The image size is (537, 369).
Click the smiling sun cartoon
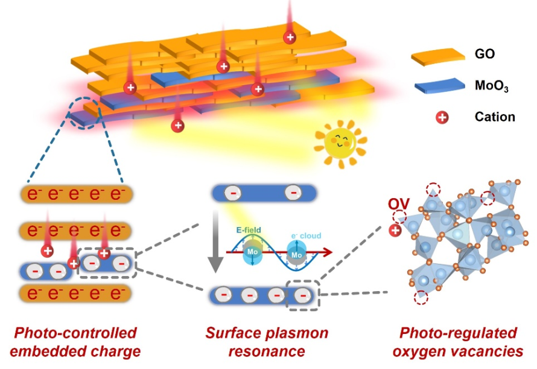pyautogui.click(x=340, y=144)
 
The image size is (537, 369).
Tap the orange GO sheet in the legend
pyautogui.click(x=438, y=57)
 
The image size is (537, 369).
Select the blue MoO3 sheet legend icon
pyautogui.click(x=439, y=86)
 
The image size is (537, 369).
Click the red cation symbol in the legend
pyautogui.click(x=442, y=118)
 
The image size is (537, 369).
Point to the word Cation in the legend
pyautogui.click(x=495, y=117)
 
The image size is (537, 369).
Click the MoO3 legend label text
pyautogui.click(x=492, y=86)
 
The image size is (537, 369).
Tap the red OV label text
pyautogui.click(x=399, y=204)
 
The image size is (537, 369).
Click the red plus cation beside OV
pyautogui.click(x=395, y=230)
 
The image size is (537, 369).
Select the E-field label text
pyautogui.click(x=249, y=229)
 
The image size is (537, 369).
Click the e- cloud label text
pyautogui.click(x=306, y=236)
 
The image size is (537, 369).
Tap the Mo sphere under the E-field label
pyautogui.click(x=252, y=252)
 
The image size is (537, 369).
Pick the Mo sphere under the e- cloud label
pyautogui.click(x=297, y=254)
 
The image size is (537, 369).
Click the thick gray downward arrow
pyautogui.click(x=216, y=242)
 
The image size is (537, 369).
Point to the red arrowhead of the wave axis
pyautogui.click(x=327, y=252)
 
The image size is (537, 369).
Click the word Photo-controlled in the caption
pyautogui.click(x=75, y=333)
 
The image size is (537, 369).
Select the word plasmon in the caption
pyautogui.click(x=297, y=333)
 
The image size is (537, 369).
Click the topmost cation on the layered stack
pyautogui.click(x=290, y=37)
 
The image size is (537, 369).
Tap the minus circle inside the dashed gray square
pyautogui.click(x=303, y=295)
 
